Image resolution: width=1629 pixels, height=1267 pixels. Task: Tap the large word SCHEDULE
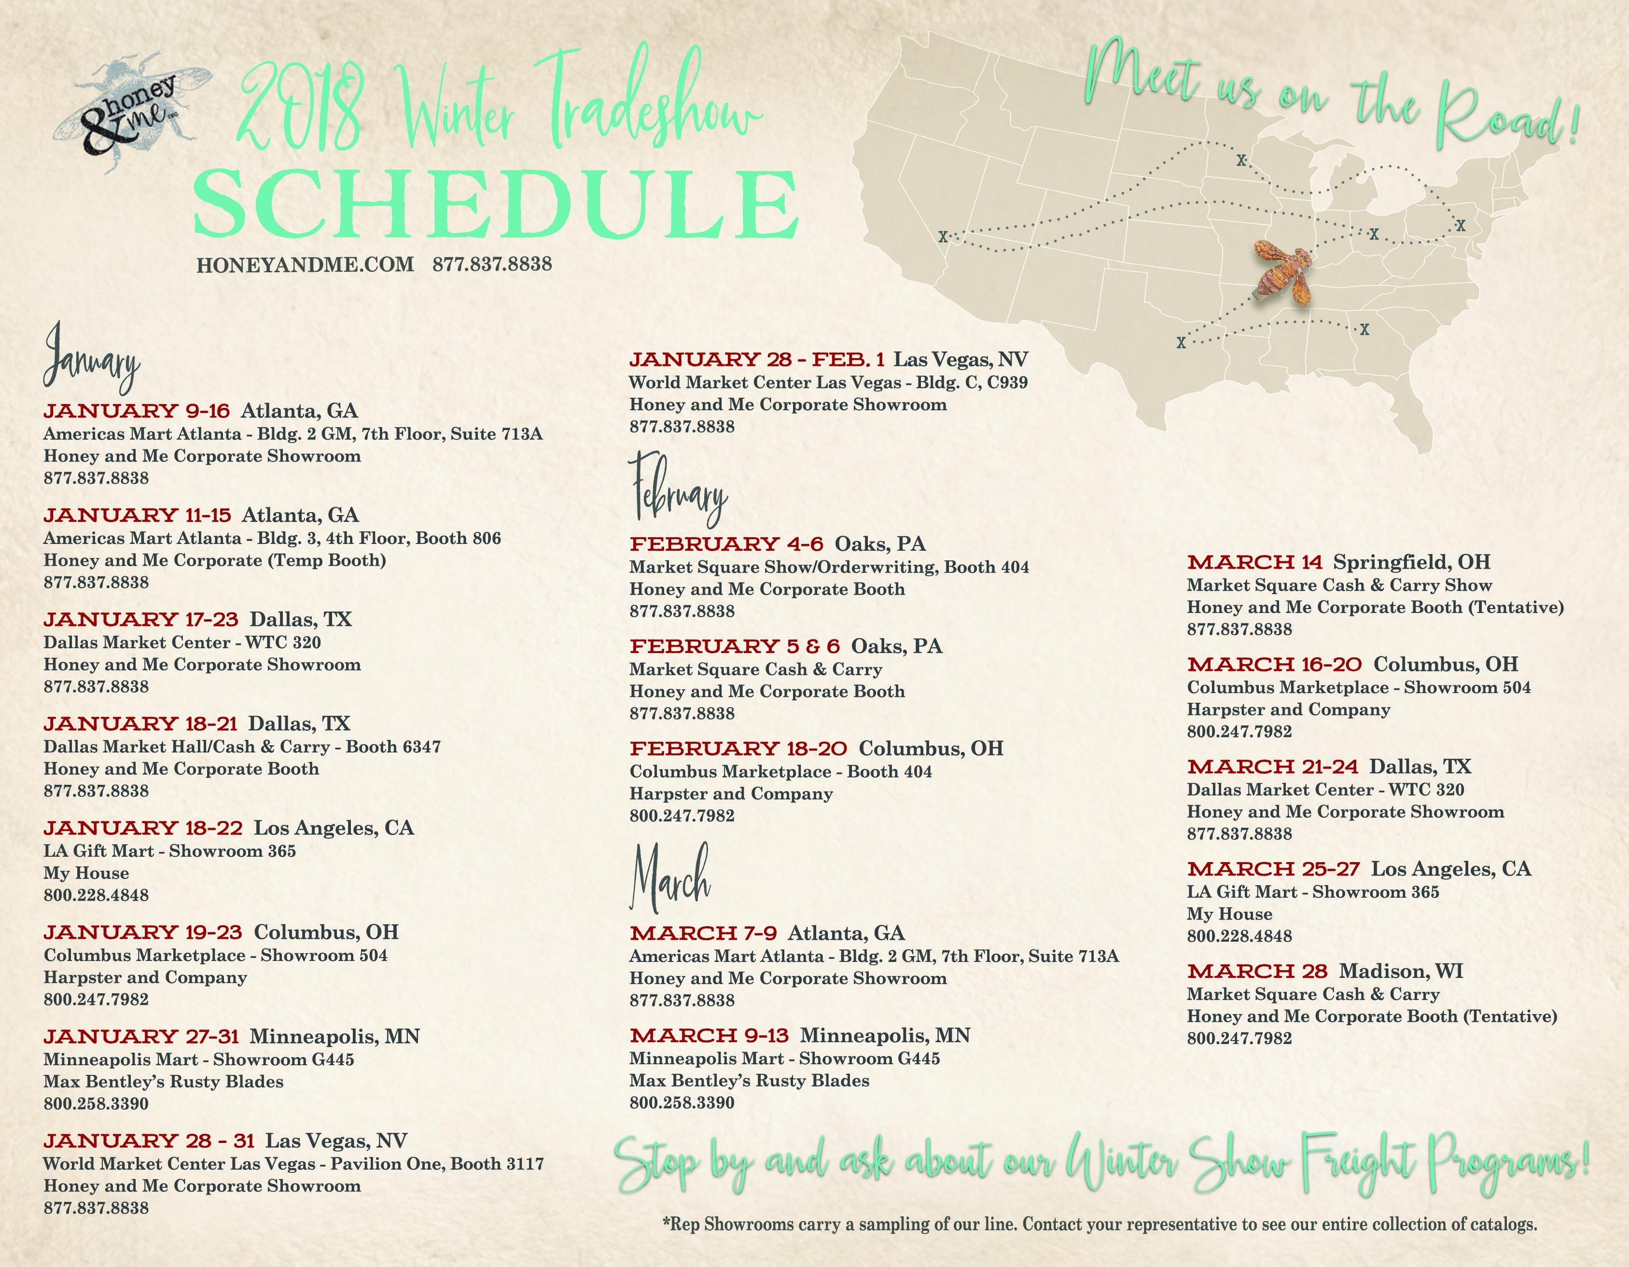click(496, 203)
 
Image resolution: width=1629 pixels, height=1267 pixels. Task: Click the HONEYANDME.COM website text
click(305, 265)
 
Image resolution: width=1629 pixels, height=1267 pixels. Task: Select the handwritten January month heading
click(91, 360)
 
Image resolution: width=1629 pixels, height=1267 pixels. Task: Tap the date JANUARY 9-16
click(137, 411)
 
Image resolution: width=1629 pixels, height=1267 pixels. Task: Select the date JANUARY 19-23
click(142, 932)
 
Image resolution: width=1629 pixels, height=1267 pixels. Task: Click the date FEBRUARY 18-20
click(738, 749)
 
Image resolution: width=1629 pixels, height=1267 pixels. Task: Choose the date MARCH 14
click(1254, 562)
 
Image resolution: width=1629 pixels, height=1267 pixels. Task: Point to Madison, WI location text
click(1401, 971)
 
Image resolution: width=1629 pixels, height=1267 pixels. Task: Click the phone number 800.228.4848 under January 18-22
click(96, 895)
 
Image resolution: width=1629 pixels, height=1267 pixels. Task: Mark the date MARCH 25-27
click(1273, 869)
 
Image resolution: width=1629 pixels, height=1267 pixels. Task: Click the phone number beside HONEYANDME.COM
click(492, 264)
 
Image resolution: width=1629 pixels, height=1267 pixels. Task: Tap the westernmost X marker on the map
click(943, 237)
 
